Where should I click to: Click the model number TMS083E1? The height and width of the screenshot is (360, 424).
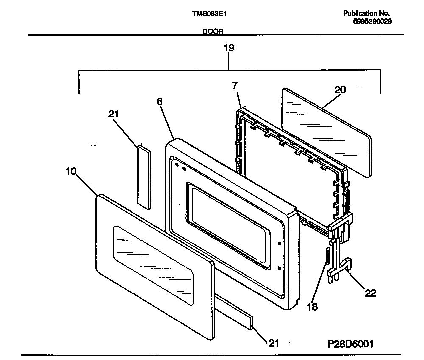pyautogui.click(x=209, y=14)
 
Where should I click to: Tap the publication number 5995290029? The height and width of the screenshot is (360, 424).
pyautogui.click(x=372, y=21)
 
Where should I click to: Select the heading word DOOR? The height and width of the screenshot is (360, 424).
pyautogui.click(x=213, y=31)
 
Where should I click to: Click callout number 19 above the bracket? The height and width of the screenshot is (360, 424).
pyautogui.click(x=229, y=48)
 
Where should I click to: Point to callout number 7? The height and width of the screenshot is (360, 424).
pyautogui.click(x=235, y=85)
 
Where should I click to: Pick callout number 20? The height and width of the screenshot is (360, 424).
pyautogui.click(x=340, y=89)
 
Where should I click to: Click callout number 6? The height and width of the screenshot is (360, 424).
pyautogui.click(x=160, y=102)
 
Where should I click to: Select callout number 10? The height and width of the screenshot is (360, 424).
pyautogui.click(x=71, y=171)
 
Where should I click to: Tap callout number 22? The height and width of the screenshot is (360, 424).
pyautogui.click(x=371, y=293)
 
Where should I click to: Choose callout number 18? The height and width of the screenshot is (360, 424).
pyautogui.click(x=312, y=307)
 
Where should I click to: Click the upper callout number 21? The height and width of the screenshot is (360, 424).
pyautogui.click(x=113, y=114)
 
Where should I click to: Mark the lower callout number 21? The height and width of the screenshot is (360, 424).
pyautogui.click(x=273, y=343)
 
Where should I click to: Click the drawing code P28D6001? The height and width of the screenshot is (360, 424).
pyautogui.click(x=351, y=344)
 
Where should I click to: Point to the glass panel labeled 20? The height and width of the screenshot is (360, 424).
pyautogui.click(x=326, y=133)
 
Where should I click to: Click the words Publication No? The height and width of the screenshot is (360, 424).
pyautogui.click(x=366, y=13)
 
